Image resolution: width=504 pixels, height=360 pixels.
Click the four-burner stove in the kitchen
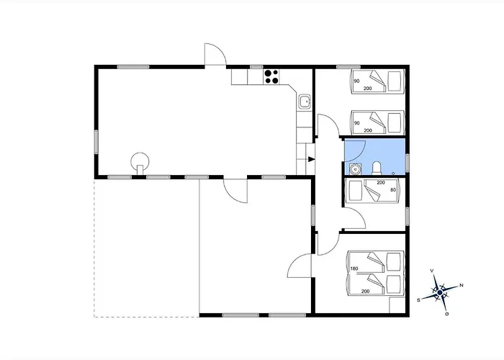click(x=271, y=76)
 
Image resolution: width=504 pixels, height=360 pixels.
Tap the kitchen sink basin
click(x=304, y=102)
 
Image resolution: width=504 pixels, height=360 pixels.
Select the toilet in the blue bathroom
click(x=377, y=168)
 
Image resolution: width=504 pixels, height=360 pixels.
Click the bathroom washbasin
click(x=355, y=168)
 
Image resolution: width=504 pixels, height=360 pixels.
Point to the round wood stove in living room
click(x=140, y=161)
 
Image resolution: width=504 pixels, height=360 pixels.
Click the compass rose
click(x=439, y=292)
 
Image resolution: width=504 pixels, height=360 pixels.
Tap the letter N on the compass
click(x=462, y=285)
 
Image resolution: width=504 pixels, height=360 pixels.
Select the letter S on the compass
click(x=418, y=300)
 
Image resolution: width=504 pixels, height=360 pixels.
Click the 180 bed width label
click(x=354, y=269)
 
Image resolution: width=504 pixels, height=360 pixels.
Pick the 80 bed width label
click(x=393, y=190)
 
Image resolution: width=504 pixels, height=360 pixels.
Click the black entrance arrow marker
click(x=311, y=159)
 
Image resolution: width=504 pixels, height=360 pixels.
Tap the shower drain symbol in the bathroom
click(x=393, y=174)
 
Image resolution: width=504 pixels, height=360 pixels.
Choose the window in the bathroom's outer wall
click(x=408, y=162)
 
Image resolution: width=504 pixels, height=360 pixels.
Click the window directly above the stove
click(x=256, y=67)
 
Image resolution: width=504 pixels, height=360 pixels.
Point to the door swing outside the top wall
click(x=215, y=54)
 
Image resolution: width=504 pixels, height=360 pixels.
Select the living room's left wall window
click(x=96, y=142)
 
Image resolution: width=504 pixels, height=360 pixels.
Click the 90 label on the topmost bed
click(x=356, y=81)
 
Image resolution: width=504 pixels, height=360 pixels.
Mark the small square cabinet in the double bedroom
click(x=397, y=305)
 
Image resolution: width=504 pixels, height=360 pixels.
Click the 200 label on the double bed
click(x=365, y=291)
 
